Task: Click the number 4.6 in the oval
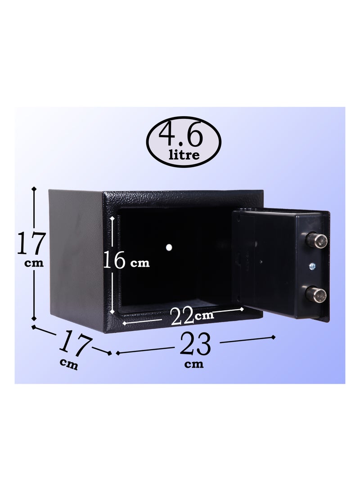pyautogui.click(x=184, y=135)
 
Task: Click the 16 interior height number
pyautogui.click(x=114, y=261)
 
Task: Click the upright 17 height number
pyautogui.click(x=31, y=243)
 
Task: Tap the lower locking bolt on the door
pyautogui.click(x=317, y=295)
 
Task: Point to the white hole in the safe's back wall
pyautogui.click(x=169, y=247)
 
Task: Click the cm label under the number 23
pyautogui.click(x=194, y=365)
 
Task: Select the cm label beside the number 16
pyautogui.click(x=139, y=264)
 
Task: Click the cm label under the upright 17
pyautogui.click(x=34, y=263)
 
